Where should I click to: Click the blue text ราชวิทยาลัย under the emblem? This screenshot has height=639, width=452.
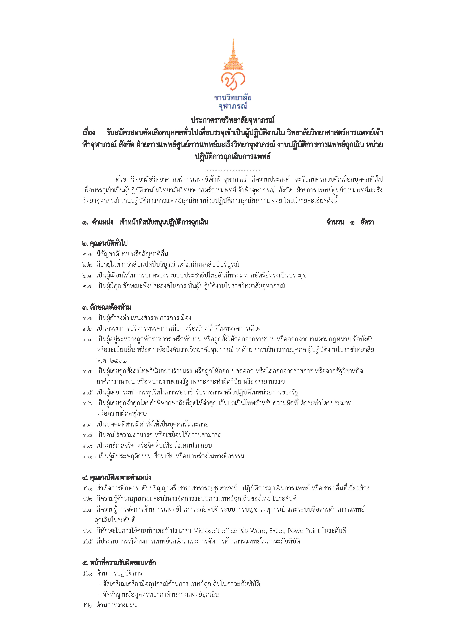(233, 98)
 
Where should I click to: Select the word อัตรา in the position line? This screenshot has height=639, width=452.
(367, 222)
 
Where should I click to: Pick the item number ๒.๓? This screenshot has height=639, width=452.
(87, 275)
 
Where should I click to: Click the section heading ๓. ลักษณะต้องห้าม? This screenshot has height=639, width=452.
(106, 307)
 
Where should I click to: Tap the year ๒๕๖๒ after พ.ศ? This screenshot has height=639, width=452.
(118, 361)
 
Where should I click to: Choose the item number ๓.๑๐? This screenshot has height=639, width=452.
(89, 457)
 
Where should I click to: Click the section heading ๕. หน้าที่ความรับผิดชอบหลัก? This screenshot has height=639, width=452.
(119, 563)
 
